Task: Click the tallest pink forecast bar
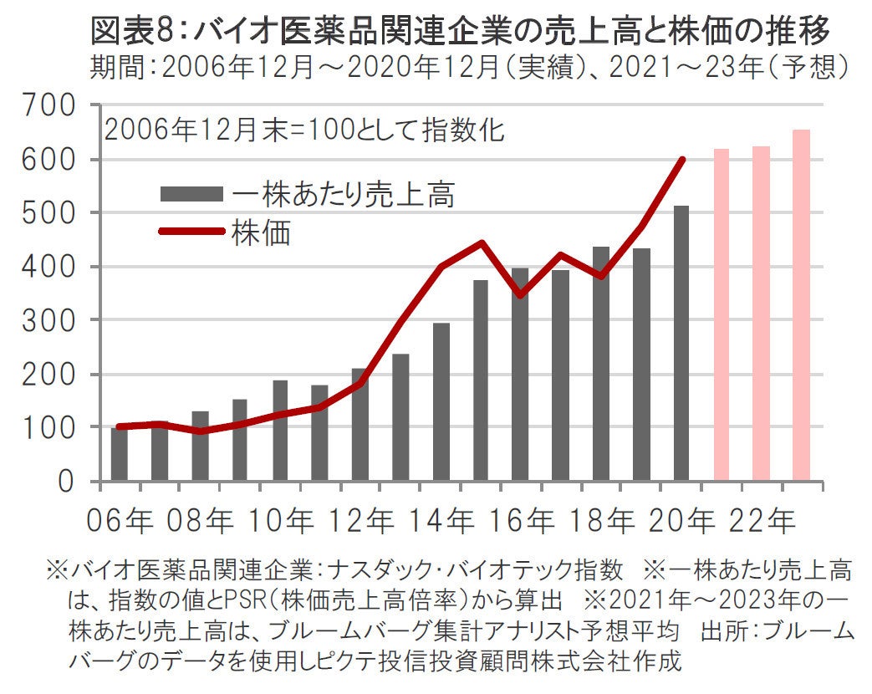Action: point(801,305)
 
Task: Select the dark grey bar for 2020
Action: point(681,343)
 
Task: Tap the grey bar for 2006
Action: point(120,454)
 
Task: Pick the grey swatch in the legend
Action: point(191,195)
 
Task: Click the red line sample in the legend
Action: point(191,232)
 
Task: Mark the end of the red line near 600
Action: point(683,160)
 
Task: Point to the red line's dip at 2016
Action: point(521,295)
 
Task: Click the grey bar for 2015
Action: point(481,380)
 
